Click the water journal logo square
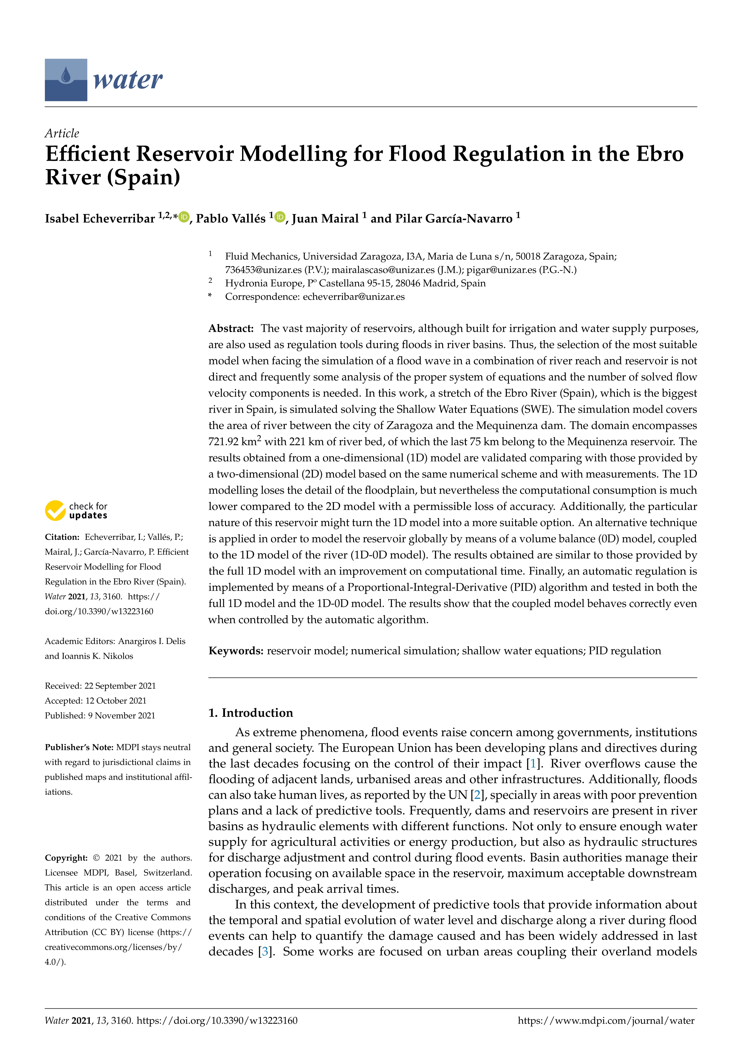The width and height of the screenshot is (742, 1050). tap(66, 80)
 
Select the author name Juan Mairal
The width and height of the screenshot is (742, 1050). tap(325, 219)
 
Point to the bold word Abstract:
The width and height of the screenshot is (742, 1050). tap(231, 328)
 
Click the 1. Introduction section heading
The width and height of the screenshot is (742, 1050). tap(250, 713)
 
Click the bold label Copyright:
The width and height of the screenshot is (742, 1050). tap(66, 857)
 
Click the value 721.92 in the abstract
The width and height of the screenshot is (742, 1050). tap(223, 442)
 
